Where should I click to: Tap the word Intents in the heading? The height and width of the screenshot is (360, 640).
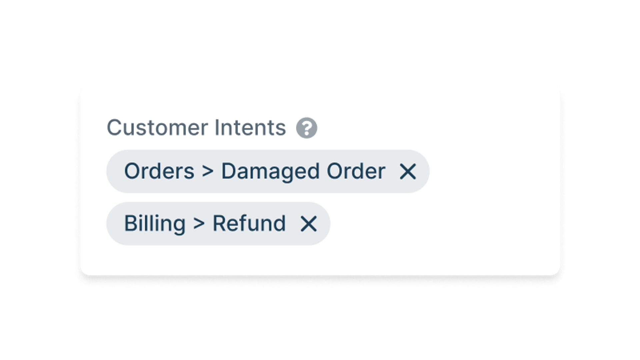click(250, 128)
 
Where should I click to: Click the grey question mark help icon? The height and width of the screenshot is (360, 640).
click(307, 128)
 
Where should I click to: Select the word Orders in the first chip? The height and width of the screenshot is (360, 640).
click(159, 171)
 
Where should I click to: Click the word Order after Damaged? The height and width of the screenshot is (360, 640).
click(356, 171)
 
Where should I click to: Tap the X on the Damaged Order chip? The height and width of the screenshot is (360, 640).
click(408, 172)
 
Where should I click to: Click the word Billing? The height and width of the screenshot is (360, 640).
click(154, 224)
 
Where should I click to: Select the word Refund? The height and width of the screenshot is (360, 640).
click(249, 223)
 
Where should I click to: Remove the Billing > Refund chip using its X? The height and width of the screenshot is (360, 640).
click(309, 224)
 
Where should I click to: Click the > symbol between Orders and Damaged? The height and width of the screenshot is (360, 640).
click(208, 171)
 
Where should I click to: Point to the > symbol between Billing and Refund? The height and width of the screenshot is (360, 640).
click(199, 223)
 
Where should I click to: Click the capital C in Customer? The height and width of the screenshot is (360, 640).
click(114, 128)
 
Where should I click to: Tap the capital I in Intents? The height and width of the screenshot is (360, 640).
click(216, 128)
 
